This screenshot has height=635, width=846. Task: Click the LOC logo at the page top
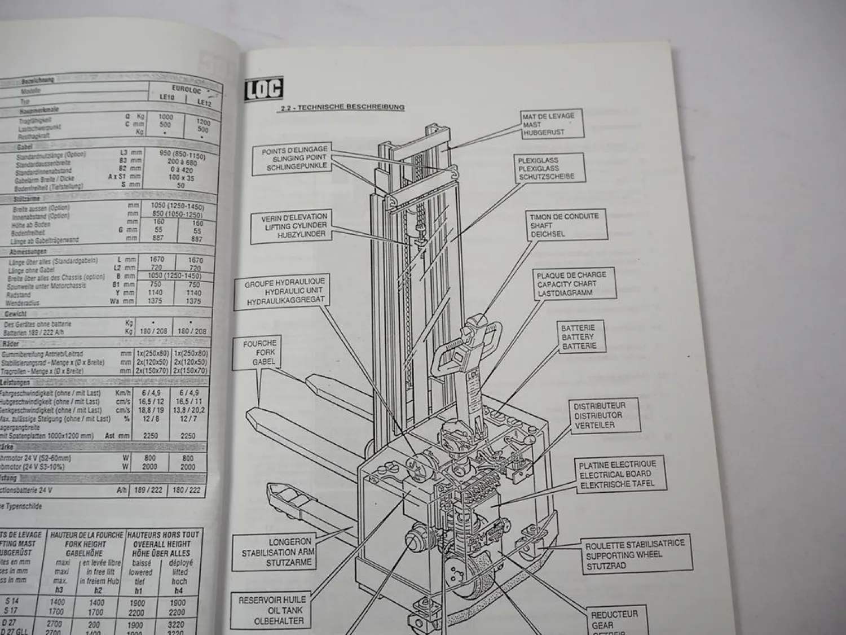(x=263, y=90)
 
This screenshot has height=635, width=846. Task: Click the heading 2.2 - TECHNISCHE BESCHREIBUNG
(x=342, y=107)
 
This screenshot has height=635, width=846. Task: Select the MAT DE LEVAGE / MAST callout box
(x=552, y=124)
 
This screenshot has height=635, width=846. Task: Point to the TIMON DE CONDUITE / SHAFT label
(x=566, y=225)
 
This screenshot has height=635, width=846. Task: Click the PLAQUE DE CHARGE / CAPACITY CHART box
(x=574, y=283)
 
